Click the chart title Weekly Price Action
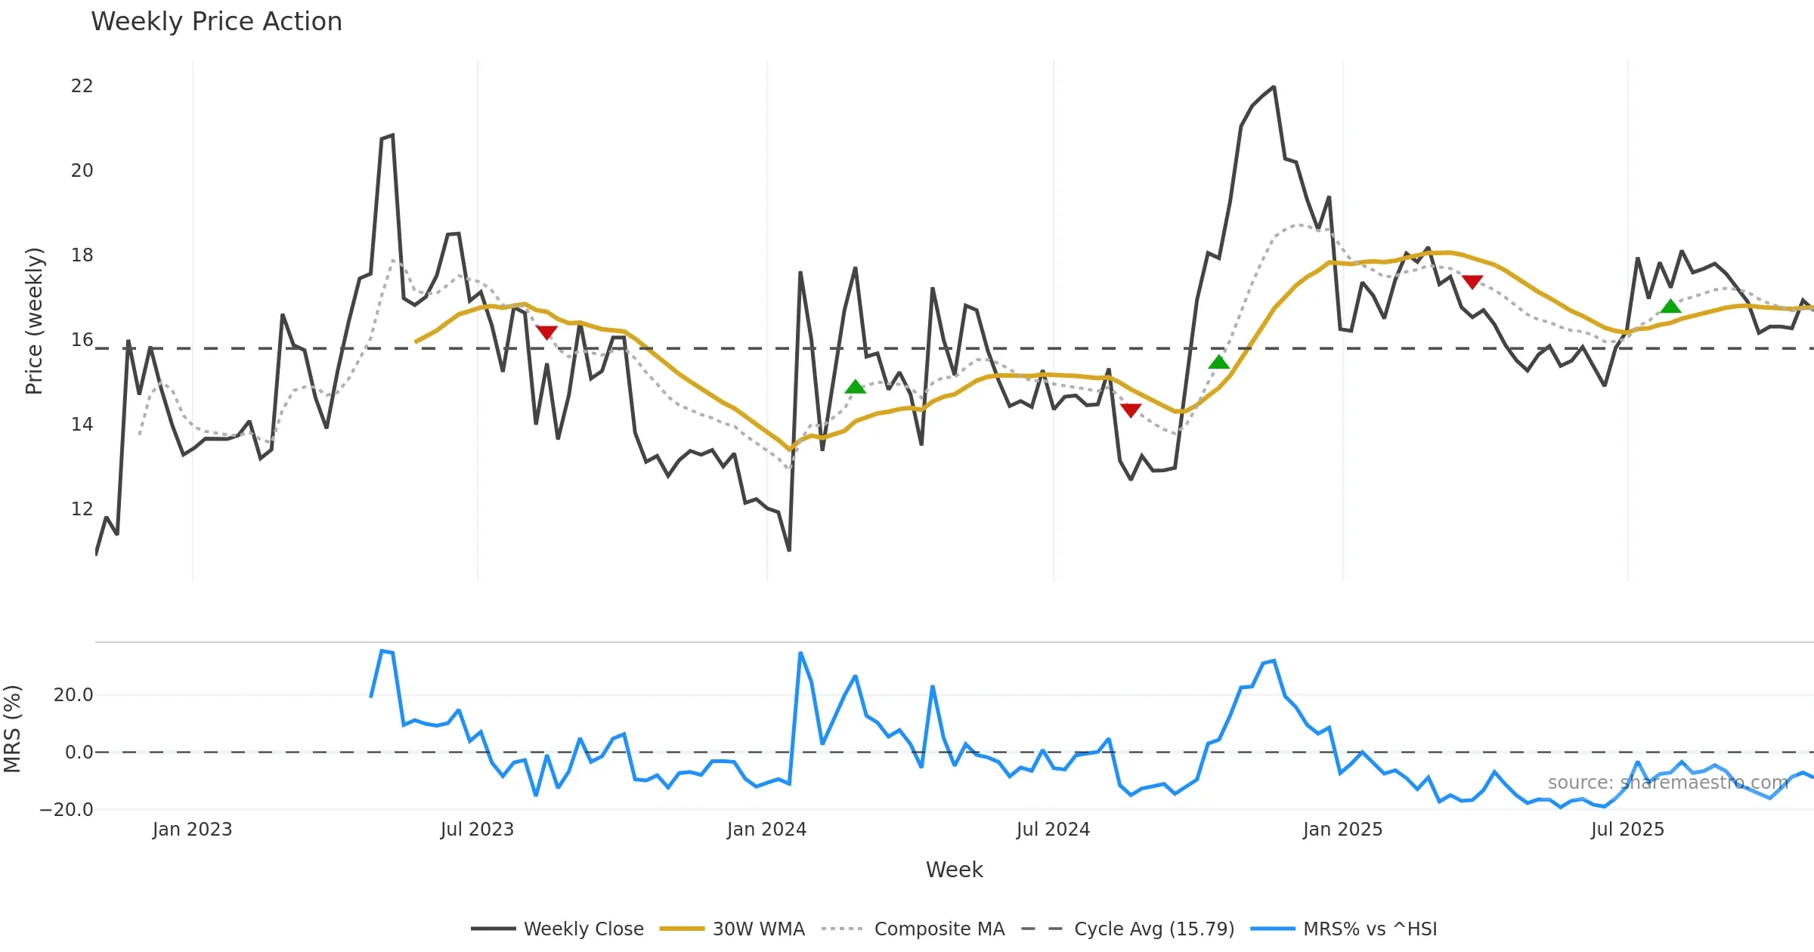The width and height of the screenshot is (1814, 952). pos(216,22)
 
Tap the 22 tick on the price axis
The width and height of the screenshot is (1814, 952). pos(82,86)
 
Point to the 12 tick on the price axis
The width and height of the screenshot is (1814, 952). pos(82,509)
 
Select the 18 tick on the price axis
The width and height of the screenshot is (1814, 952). pos(82,255)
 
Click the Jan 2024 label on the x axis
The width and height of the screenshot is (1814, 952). pos(766,830)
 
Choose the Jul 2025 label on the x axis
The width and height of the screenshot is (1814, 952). pos(1627,830)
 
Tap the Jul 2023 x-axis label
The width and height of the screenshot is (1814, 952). pos(477,830)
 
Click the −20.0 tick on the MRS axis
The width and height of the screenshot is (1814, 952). pos(67,810)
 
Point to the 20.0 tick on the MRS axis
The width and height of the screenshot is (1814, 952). pos(73,695)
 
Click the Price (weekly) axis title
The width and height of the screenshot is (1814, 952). pos(34,321)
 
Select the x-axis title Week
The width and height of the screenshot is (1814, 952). pos(954,870)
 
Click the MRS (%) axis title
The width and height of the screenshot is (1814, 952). pos(13,729)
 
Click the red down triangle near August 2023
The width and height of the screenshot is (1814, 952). pos(546,332)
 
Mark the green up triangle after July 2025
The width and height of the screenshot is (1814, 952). pos(1670,306)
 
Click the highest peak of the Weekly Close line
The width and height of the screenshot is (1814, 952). pos(1274,88)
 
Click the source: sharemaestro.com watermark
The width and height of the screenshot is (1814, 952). pos(1667,783)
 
